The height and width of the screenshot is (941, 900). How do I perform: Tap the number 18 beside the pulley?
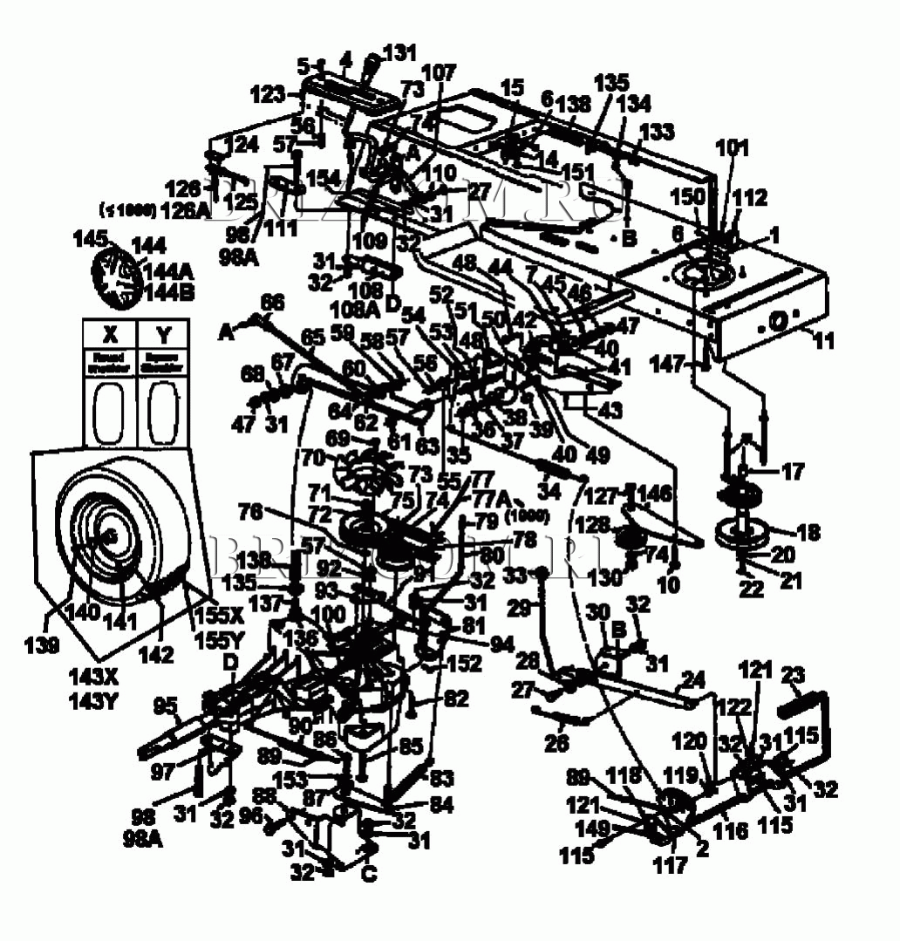pos(808,533)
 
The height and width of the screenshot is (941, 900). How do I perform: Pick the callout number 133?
pos(657,132)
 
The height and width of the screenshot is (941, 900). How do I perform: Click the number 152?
pos(464,664)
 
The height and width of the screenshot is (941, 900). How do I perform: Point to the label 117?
pos(670,866)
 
